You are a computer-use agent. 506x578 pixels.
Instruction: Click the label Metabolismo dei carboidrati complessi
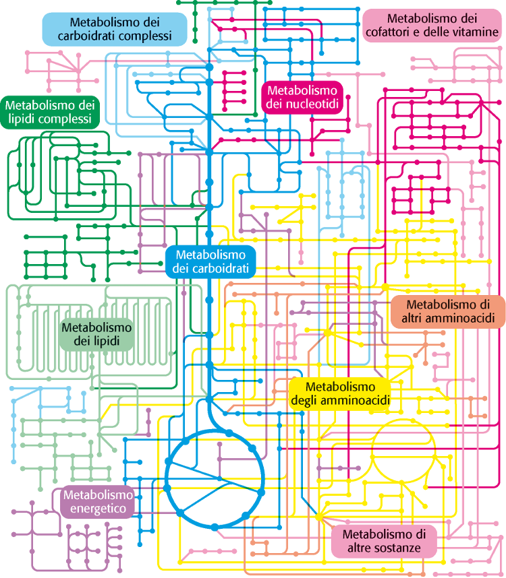pos(115,29)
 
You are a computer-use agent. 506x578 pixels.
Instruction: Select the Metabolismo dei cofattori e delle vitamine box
pos(432,25)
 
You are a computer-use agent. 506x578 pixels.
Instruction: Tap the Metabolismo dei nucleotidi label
pos(302,97)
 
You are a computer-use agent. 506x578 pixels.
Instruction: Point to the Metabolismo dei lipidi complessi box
pos(50,112)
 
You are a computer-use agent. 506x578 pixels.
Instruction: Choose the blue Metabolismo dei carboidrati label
pos(210,261)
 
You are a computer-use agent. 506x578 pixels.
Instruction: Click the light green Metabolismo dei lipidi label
pos(96,334)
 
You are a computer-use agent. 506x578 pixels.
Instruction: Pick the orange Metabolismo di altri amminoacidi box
pos(448,311)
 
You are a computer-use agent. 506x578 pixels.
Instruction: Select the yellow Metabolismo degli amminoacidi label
pos(340,393)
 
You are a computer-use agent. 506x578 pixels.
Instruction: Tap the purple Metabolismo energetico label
pos(99,502)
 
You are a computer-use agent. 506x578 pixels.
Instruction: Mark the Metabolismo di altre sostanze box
pos(384,541)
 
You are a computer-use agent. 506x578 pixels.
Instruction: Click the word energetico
pos(99,509)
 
